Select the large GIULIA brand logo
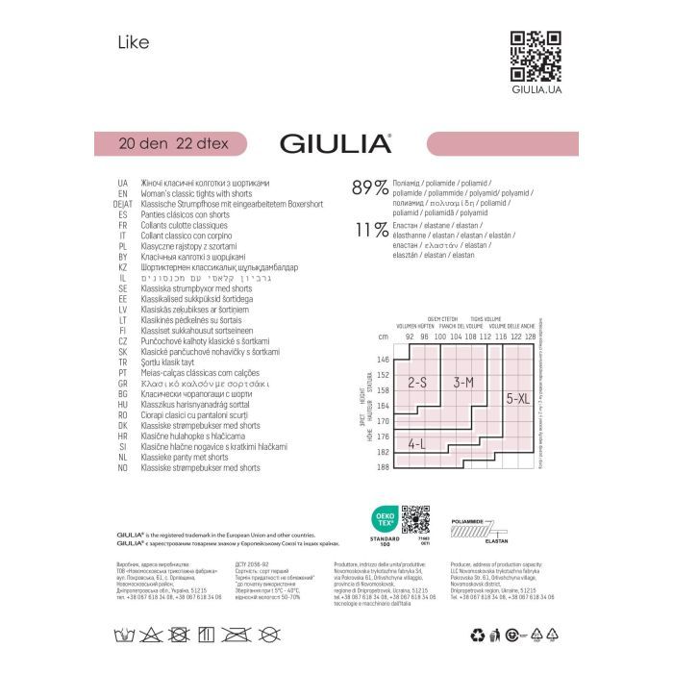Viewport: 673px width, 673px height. (x=335, y=143)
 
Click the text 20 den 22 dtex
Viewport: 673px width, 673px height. (x=168, y=143)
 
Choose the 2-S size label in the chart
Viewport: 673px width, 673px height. (x=416, y=380)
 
